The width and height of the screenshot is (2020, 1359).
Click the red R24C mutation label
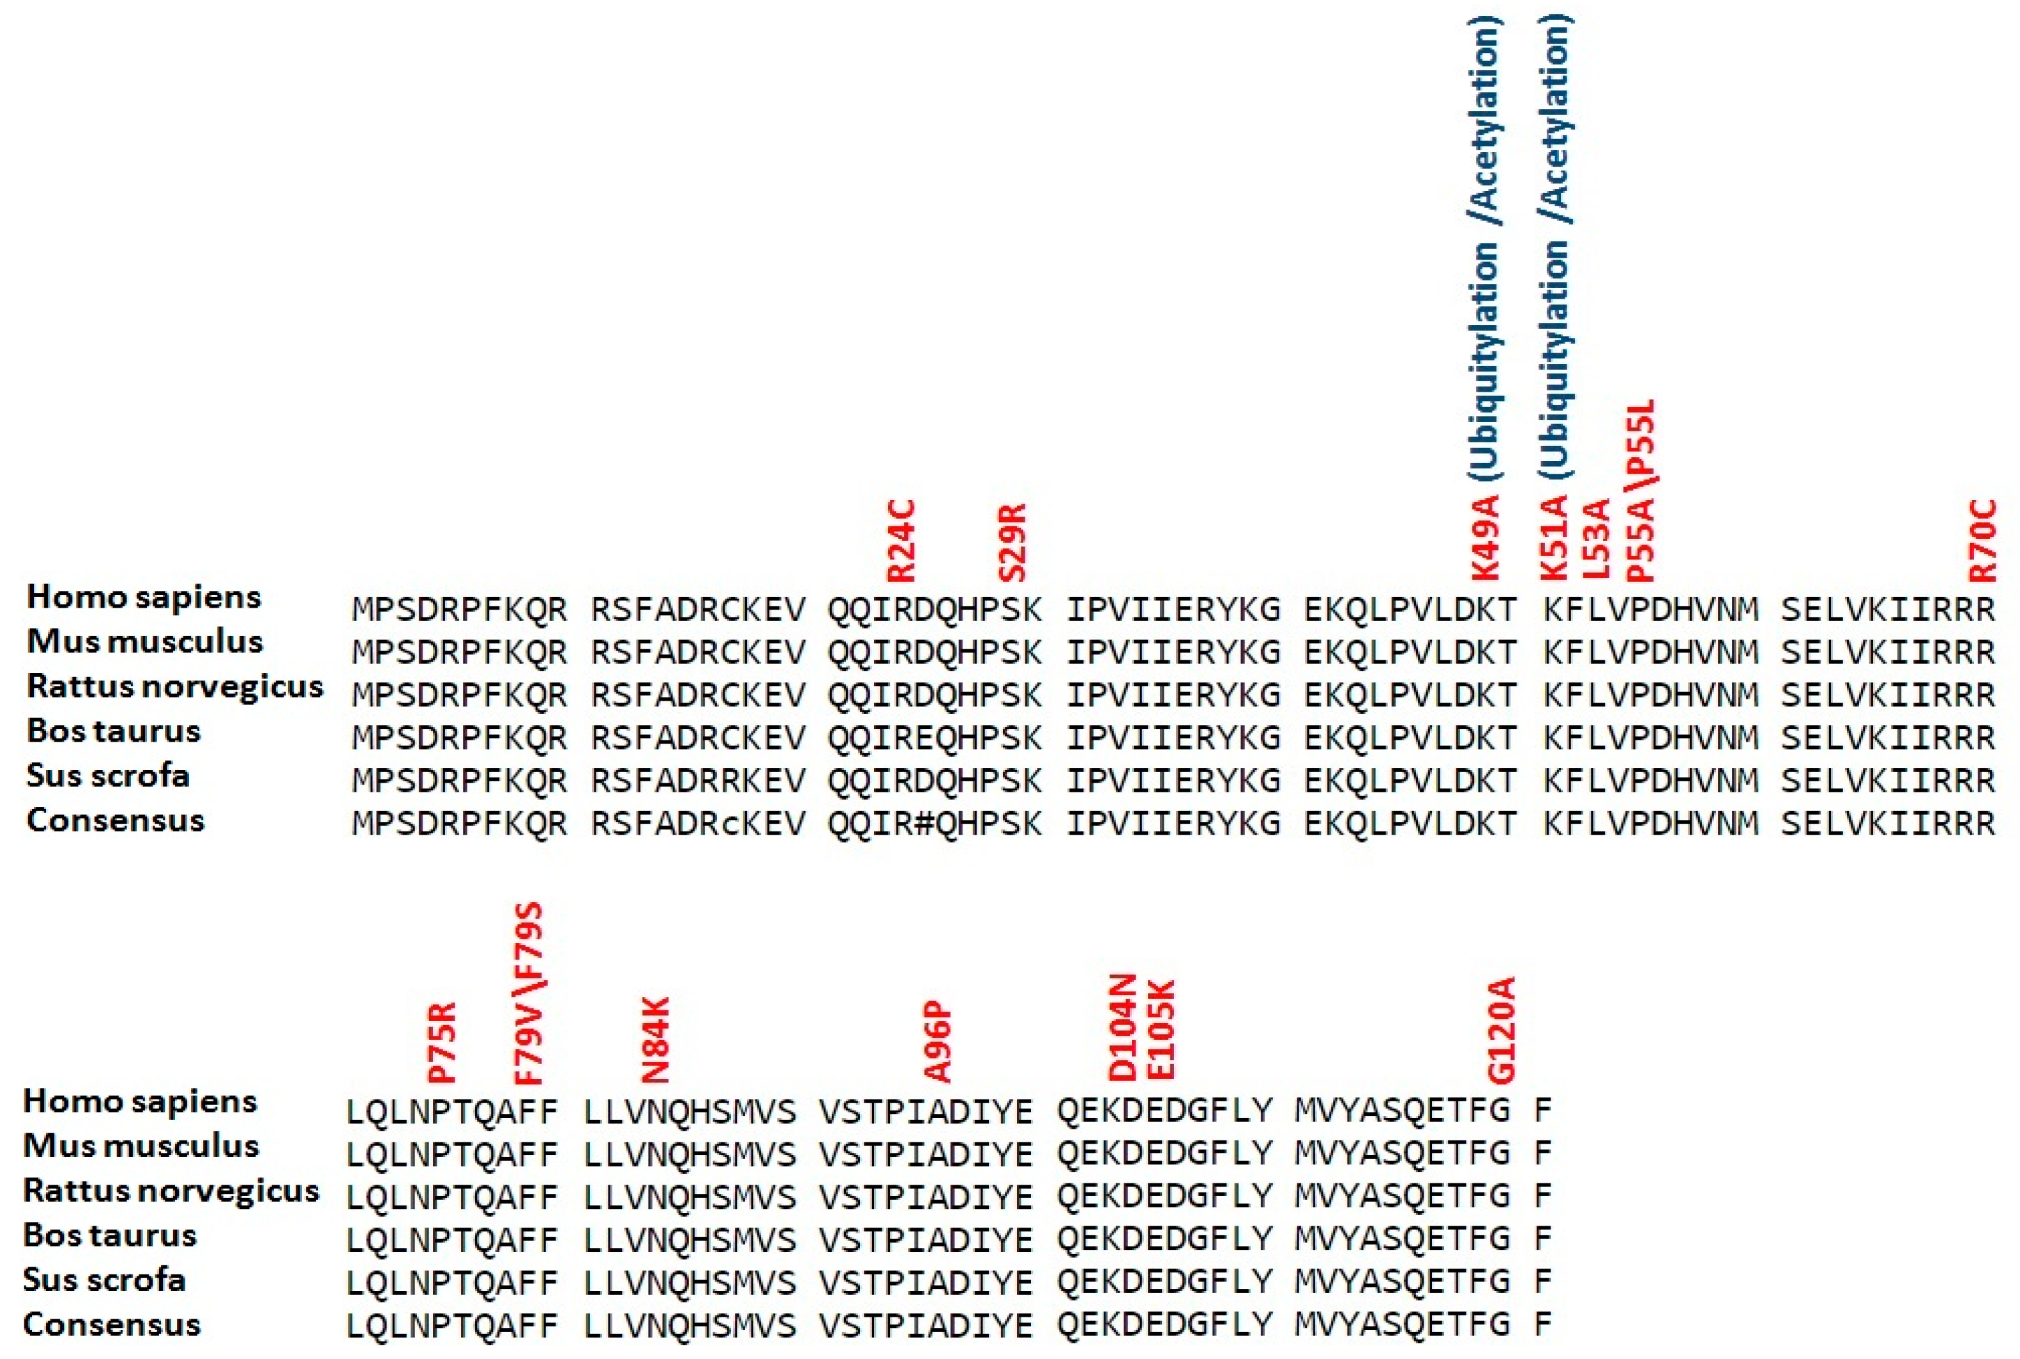902,541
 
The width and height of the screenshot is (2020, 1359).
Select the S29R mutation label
1013,544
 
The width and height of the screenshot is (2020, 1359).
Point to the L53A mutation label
1596,539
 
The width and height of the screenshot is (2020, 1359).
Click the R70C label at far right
1983,541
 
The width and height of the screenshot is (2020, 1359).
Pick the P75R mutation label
442,1043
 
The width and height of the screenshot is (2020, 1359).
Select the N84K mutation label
655,1040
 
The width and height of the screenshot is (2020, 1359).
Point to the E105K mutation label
1161,1029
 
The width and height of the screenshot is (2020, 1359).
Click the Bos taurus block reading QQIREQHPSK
934,738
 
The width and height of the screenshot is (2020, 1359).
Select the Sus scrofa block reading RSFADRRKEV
698,780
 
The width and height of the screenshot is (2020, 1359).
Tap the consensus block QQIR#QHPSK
934,822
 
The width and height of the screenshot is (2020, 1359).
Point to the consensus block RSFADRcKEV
698,822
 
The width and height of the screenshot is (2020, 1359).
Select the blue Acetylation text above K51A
1556,118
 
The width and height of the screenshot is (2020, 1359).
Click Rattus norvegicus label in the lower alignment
171,1191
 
